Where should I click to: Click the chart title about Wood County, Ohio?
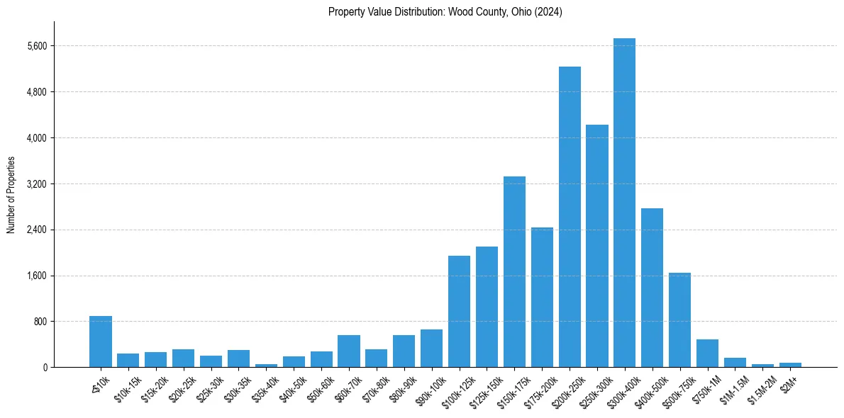[445, 12]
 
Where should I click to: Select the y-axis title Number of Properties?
[11, 195]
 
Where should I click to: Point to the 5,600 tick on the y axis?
[35, 46]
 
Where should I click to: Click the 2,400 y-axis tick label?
[35, 230]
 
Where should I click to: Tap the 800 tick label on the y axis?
[40, 322]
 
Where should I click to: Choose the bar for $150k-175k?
[514, 272]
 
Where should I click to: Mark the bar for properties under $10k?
[101, 341]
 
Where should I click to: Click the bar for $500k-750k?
[679, 320]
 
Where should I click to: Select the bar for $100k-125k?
[459, 312]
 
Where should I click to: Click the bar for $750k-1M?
[707, 354]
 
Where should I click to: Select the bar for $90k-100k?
[431, 349]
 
